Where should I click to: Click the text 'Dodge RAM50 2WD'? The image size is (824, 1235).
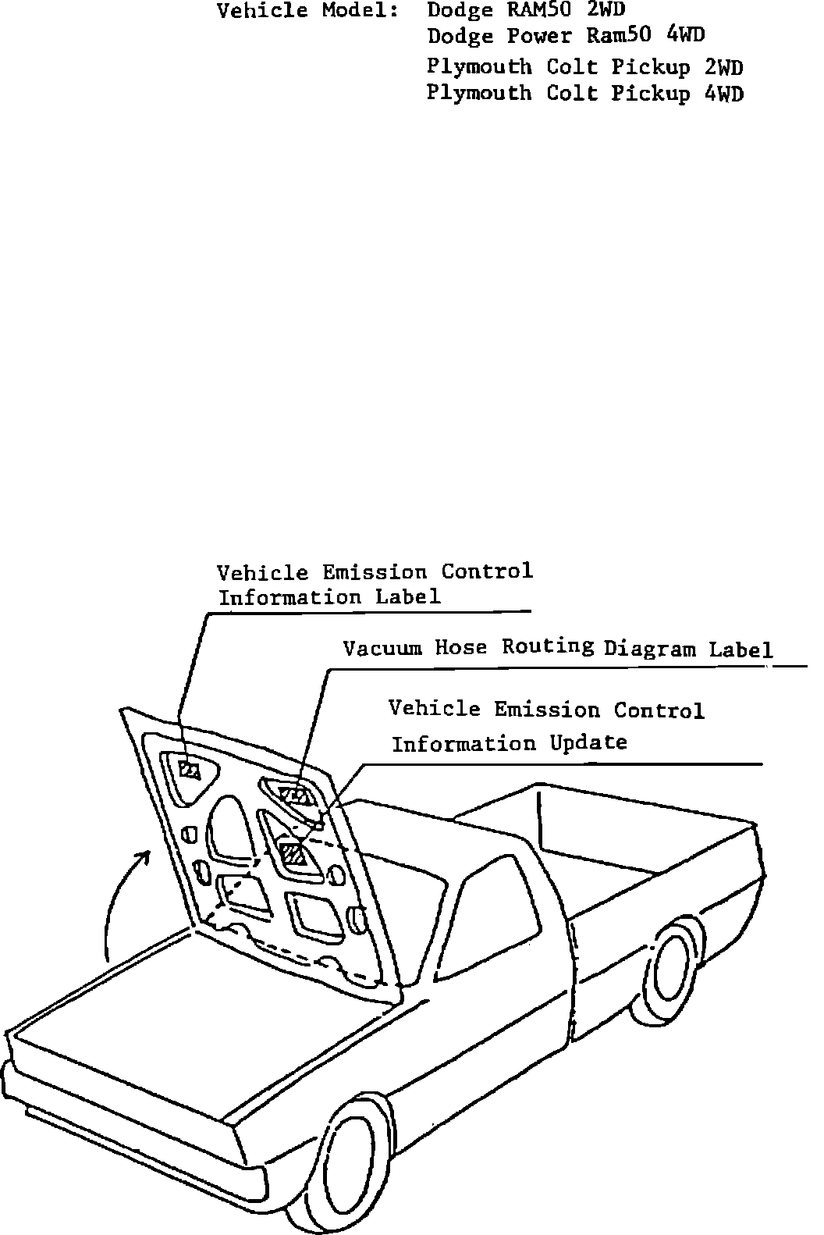[x=526, y=11]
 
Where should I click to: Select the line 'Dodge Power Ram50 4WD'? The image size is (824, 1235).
[x=566, y=37]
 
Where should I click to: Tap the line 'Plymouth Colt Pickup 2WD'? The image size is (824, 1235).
[x=584, y=67]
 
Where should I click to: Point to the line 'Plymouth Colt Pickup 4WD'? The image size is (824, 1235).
[x=584, y=94]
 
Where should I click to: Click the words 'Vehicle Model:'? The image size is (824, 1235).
[x=306, y=12]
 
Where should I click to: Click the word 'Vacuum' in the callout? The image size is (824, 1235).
[x=382, y=648]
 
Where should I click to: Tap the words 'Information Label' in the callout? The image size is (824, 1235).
[x=329, y=598]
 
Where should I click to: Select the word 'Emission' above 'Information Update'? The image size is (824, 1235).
[x=547, y=710]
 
